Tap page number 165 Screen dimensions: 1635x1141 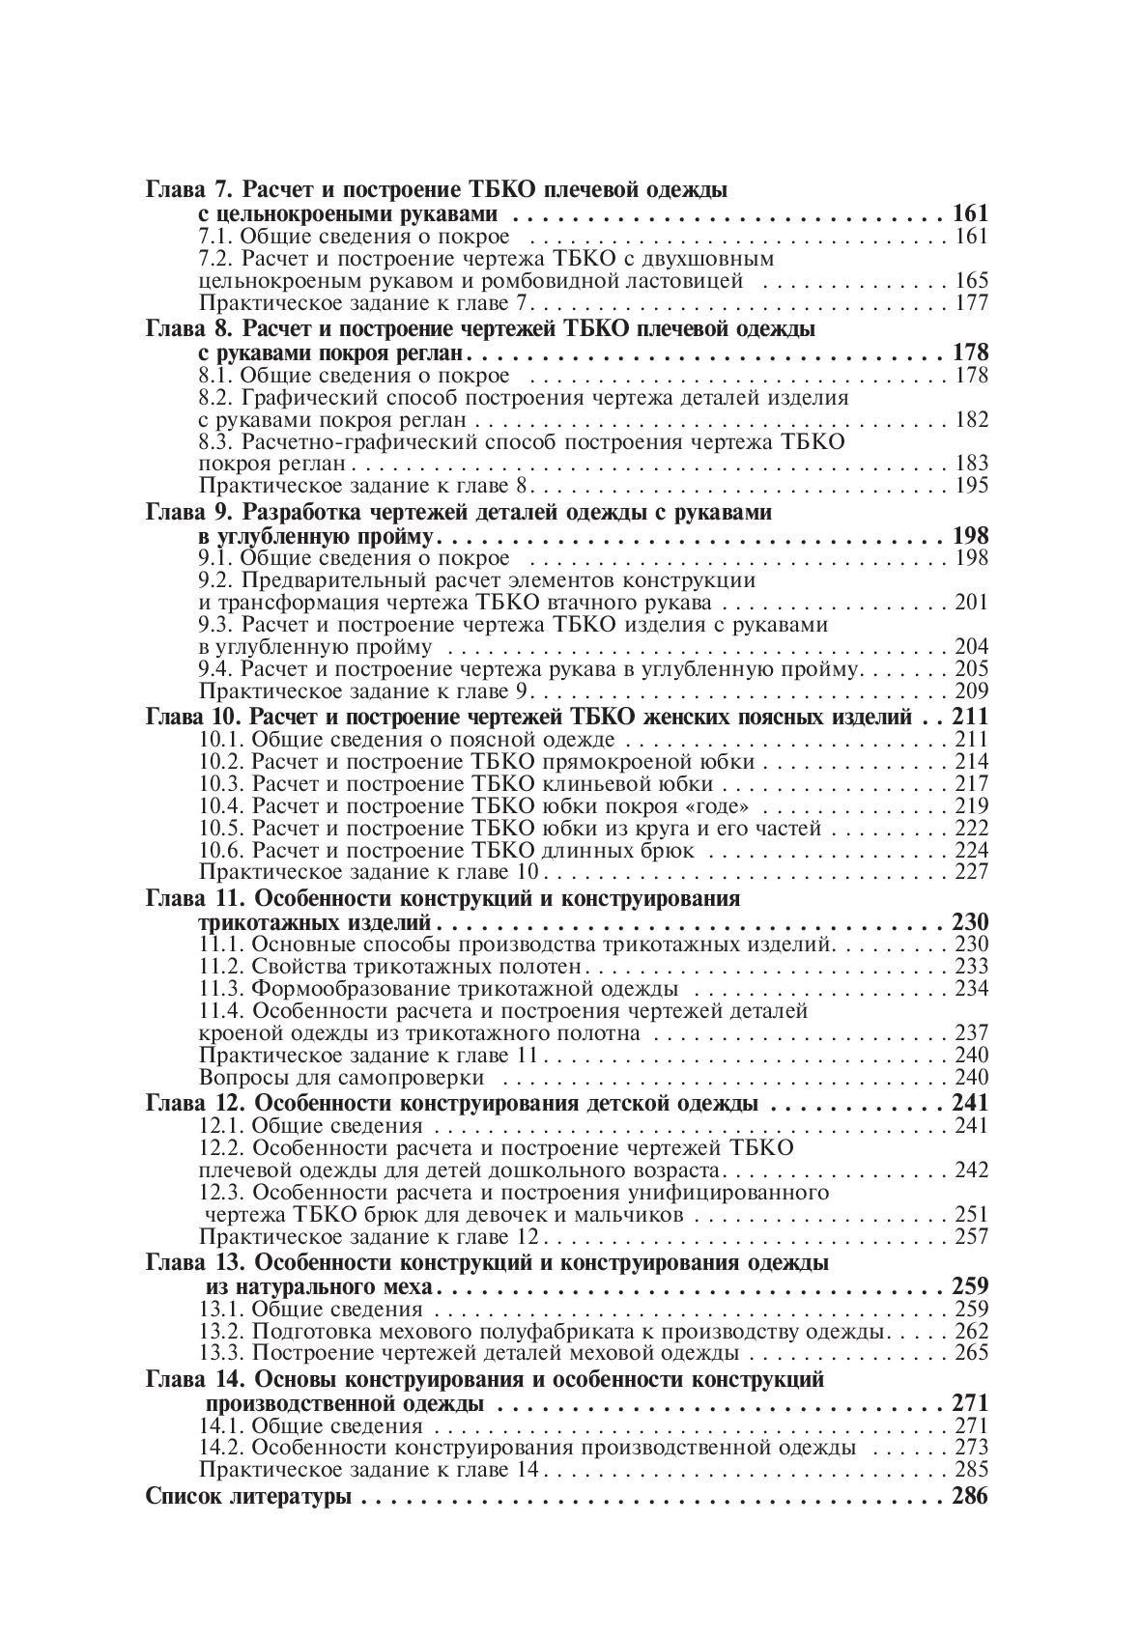pyautogui.click(x=970, y=281)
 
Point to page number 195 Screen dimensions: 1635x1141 pyautogui.click(x=970, y=486)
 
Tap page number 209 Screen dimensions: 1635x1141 pyautogui.click(x=970, y=691)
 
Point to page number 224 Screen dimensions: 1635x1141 pyautogui.click(x=970, y=850)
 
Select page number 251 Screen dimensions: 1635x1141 pyautogui.click(x=970, y=1215)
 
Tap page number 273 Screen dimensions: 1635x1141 pyautogui.click(x=970, y=1448)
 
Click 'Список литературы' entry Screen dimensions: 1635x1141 pyautogui.click(x=247, y=1498)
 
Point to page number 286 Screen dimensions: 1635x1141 pyautogui.click(x=969, y=1498)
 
